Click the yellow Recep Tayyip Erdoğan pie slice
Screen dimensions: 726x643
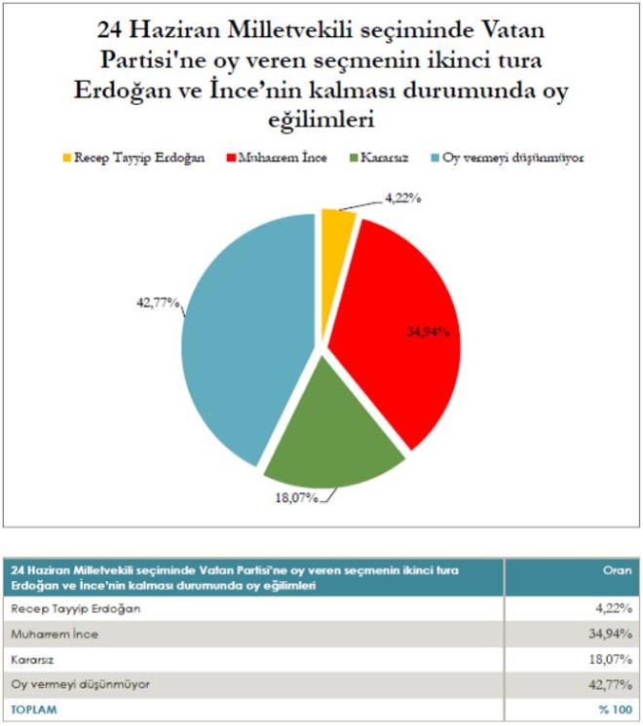click(x=337, y=225)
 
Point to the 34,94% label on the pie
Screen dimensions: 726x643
click(x=428, y=332)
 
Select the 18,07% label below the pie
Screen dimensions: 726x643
click(x=294, y=501)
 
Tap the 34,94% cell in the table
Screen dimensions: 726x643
click(x=608, y=635)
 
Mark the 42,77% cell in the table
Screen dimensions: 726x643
click(x=608, y=684)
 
